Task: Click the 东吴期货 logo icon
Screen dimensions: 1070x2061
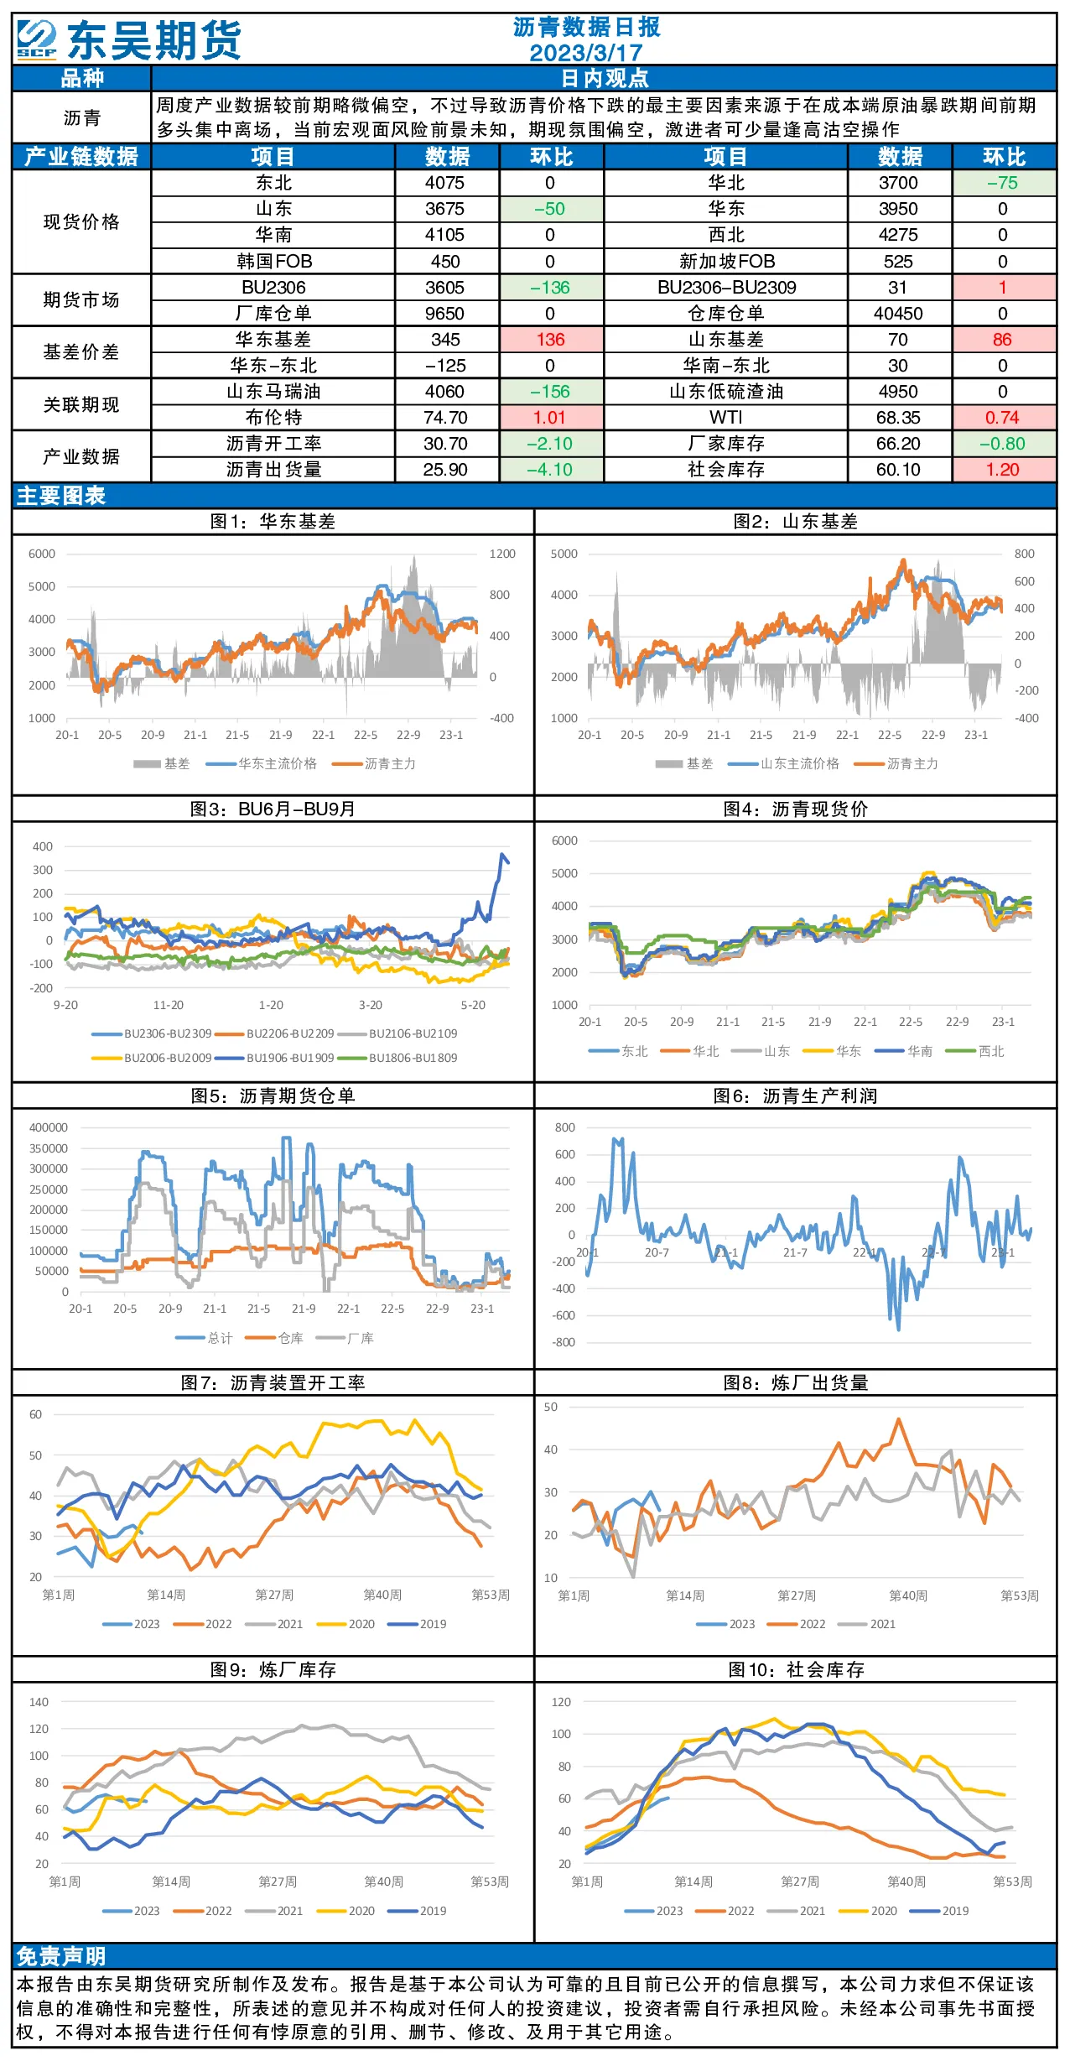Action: [x=37, y=39]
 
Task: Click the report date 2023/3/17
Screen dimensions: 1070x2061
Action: [x=586, y=53]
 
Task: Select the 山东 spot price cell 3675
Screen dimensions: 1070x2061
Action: [x=444, y=209]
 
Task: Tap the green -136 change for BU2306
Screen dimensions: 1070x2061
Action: [x=550, y=288]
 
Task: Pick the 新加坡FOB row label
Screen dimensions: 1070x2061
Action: [x=727, y=262]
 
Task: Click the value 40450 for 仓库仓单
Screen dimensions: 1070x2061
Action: [x=898, y=314]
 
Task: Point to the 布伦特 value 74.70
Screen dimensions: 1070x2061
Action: [x=445, y=418]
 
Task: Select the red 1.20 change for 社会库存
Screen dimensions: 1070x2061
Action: [x=1003, y=470]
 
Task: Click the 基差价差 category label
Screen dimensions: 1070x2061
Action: [x=81, y=352]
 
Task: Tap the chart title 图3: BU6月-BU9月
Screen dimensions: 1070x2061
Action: [x=273, y=809]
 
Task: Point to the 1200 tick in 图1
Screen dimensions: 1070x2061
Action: [x=502, y=554]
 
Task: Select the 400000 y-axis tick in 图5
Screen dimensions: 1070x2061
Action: [x=49, y=1127]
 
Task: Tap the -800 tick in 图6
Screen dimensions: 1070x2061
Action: [x=564, y=1342]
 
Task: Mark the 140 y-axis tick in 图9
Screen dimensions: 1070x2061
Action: [x=39, y=1702]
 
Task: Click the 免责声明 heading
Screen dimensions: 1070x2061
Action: [x=61, y=1956]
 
